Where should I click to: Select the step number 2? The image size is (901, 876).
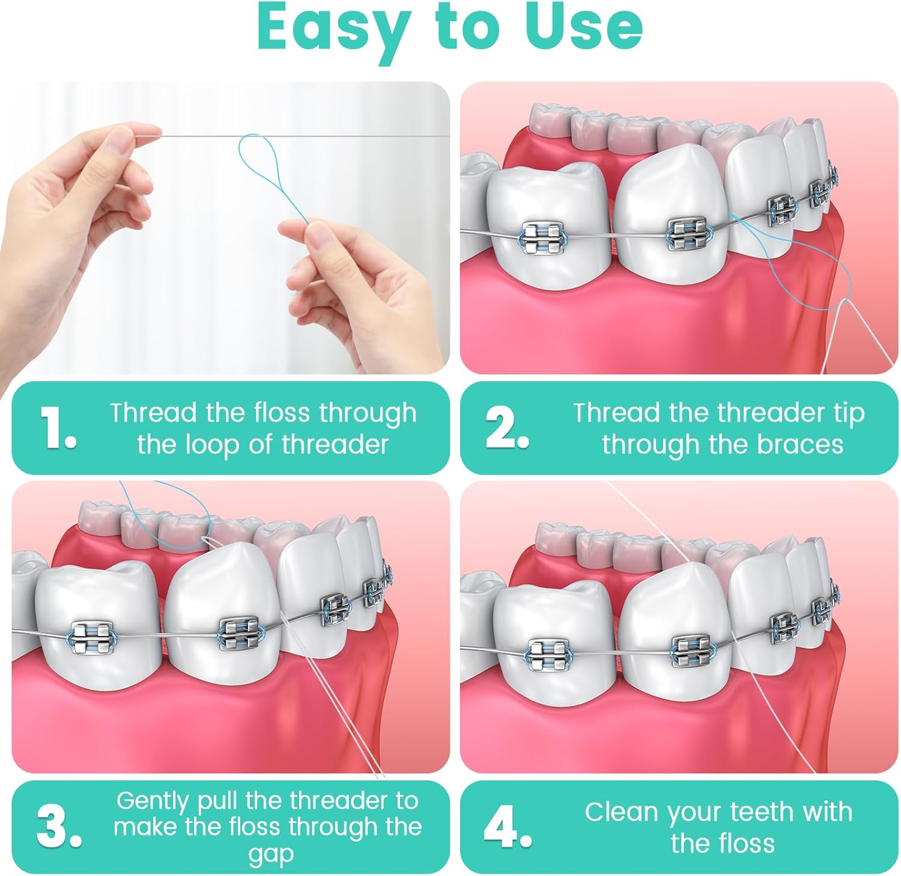click(506, 428)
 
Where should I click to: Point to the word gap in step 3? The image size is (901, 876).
click(271, 854)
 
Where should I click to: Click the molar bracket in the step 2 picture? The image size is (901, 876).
click(542, 237)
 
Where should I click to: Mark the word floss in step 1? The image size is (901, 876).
click(282, 414)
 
